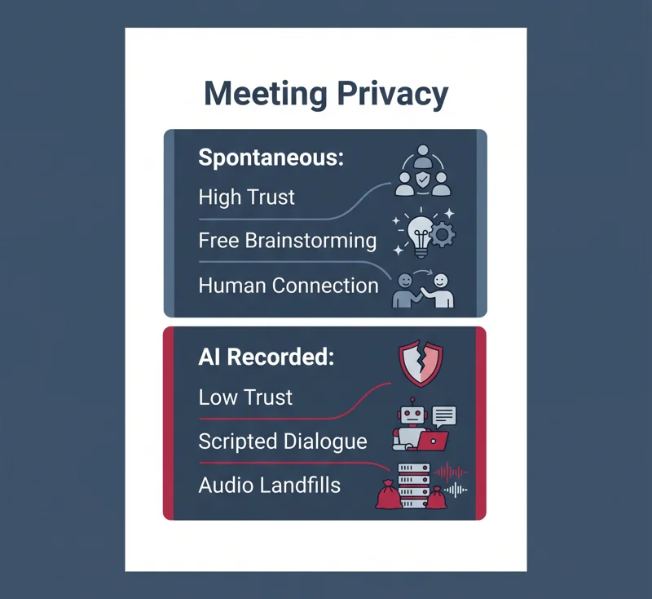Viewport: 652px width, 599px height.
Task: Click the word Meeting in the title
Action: pos(266,94)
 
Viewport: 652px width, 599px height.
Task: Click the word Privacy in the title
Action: pos(393,95)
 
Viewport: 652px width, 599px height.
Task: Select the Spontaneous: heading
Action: pos(271,158)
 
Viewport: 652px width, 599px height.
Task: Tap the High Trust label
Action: pos(247,197)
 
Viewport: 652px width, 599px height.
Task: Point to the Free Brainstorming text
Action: pos(288,241)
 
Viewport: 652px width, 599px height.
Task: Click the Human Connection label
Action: pos(289,286)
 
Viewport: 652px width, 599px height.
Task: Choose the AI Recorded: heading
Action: pos(267,357)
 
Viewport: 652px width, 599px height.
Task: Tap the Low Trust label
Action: pos(245,397)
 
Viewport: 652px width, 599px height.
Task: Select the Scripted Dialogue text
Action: pos(283,441)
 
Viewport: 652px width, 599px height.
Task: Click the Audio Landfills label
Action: pos(270,486)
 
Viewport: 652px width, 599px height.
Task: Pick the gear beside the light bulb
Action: pos(443,234)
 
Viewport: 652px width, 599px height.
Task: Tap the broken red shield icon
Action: pos(421,363)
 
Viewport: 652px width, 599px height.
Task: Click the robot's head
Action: pos(412,415)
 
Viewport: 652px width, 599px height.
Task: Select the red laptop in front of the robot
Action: pos(433,441)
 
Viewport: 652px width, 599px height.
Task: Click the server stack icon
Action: pos(414,486)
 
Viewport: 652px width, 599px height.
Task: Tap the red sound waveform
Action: pos(451,473)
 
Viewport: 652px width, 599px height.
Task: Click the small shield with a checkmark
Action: pos(422,180)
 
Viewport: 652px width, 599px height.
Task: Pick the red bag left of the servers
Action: pos(389,495)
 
